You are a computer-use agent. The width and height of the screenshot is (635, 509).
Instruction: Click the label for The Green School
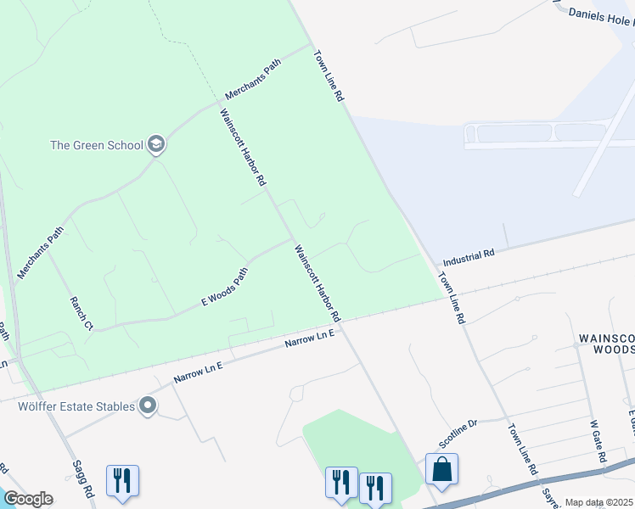[97, 145]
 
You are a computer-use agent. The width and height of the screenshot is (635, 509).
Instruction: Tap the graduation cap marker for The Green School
[155, 144]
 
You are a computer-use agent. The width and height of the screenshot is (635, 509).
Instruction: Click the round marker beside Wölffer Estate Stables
[149, 406]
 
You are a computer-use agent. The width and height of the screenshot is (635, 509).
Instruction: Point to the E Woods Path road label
[225, 288]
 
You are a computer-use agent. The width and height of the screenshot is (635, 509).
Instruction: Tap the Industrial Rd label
[469, 256]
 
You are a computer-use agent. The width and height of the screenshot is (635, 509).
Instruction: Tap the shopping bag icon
[441, 469]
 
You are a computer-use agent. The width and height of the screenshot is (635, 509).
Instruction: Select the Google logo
[28, 498]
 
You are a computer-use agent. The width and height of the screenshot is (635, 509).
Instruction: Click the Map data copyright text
[599, 502]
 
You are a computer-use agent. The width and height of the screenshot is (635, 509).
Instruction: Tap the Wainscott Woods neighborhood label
[606, 343]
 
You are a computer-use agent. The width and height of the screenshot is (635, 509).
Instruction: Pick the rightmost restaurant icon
[374, 487]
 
